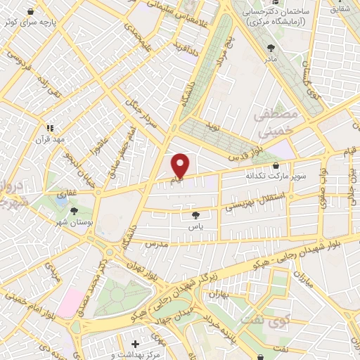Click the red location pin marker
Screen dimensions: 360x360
point(181,165)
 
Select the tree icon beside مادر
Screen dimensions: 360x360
point(271,47)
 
